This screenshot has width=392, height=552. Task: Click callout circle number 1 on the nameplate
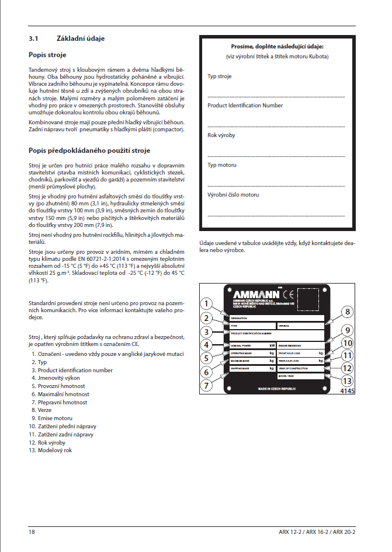tap(205, 303)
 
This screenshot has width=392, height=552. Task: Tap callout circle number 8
tap(346, 312)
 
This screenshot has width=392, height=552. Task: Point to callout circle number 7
tap(206, 386)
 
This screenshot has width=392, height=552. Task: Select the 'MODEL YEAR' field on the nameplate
tap(300, 376)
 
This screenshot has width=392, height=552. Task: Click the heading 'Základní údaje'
tap(81, 39)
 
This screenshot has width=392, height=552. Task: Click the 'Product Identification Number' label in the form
tap(245, 106)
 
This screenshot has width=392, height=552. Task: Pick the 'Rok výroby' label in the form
tap(221, 135)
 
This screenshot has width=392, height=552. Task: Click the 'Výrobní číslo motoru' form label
tap(233, 195)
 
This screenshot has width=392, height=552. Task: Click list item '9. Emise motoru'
tap(51, 418)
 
